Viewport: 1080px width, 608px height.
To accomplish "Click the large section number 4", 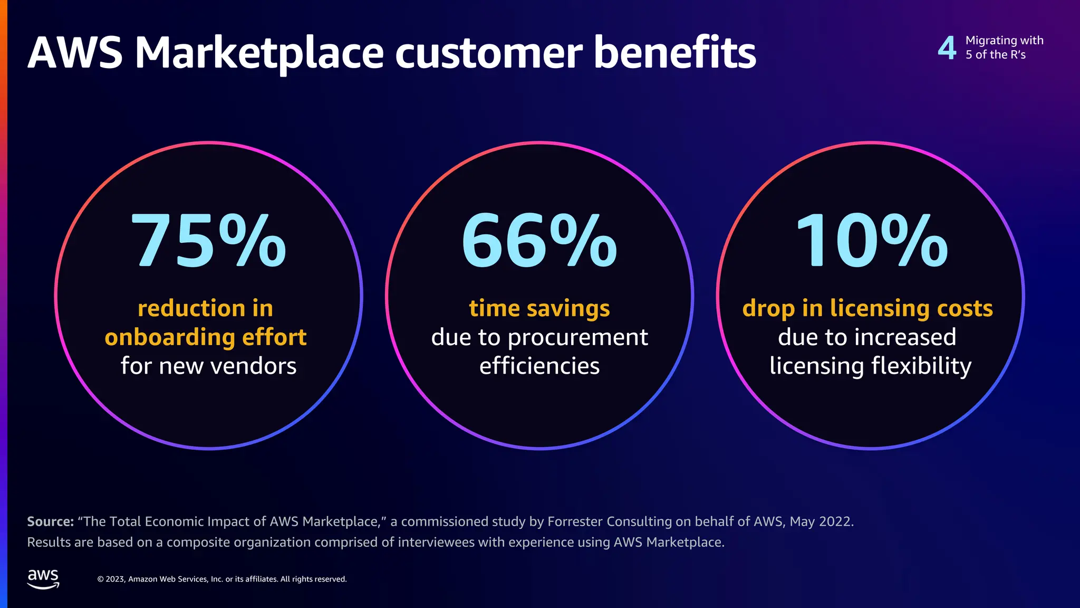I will tap(947, 48).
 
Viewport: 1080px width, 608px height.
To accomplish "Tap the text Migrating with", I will tap(1004, 41).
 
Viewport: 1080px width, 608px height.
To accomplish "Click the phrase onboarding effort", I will tap(206, 337).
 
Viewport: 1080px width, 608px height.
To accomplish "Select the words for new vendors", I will tap(208, 366).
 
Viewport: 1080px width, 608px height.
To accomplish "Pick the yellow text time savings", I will tap(539, 308).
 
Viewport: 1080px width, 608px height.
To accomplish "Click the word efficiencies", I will tap(539, 366).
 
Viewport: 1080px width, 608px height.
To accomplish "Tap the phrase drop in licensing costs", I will tap(867, 308).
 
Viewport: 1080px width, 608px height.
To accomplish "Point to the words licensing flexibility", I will tap(870, 366).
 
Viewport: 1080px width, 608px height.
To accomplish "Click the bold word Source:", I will tap(50, 521).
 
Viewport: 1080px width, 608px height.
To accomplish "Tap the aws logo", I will tap(43, 578).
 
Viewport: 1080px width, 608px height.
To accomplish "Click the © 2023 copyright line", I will tap(221, 579).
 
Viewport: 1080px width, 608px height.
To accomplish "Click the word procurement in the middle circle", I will tap(577, 337).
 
